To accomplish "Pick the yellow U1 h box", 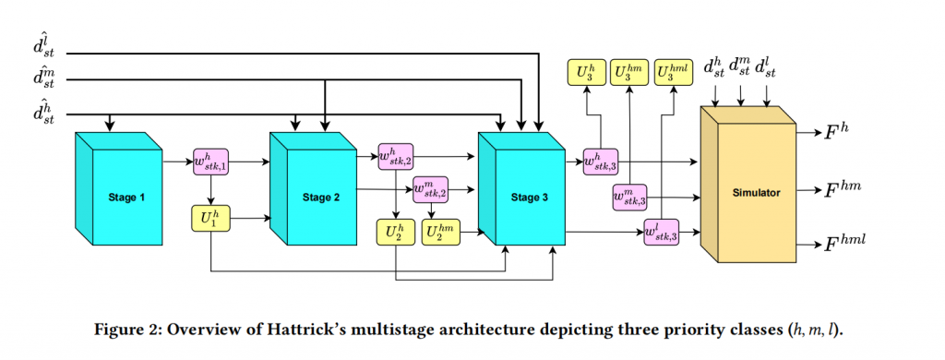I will tap(210, 219).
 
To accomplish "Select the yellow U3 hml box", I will tap(676, 73).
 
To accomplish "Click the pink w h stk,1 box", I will tap(210, 162).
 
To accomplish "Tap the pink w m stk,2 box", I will tap(431, 190).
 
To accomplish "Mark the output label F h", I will tap(837, 134).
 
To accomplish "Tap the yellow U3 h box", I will tap(585, 73).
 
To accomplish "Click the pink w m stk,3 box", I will tap(629, 197).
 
